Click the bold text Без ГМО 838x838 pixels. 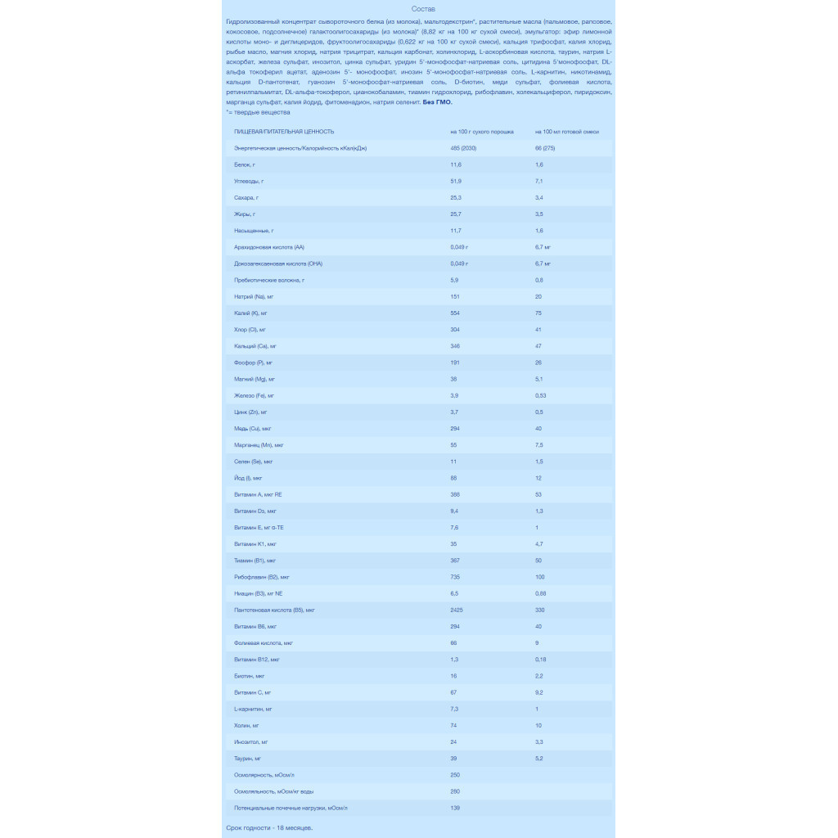pyautogui.click(x=437, y=102)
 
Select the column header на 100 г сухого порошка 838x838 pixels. pyautogui.click(x=481, y=132)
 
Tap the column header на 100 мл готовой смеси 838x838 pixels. pyautogui.click(x=567, y=132)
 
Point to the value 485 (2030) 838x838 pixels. pyautogui.click(x=463, y=148)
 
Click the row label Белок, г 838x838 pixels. pyautogui.click(x=245, y=164)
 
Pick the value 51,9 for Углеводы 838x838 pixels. pyautogui.click(x=456, y=181)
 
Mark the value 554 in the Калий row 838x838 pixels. pyautogui.click(x=455, y=313)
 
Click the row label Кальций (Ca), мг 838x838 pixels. pyautogui.click(x=255, y=346)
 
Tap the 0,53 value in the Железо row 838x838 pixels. pyautogui.click(x=540, y=395)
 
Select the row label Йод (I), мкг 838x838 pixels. pyautogui.click(x=248, y=478)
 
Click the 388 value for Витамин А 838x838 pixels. pyautogui.click(x=455, y=494)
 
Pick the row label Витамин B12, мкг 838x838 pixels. pyautogui.click(x=257, y=660)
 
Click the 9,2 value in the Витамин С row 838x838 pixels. pyautogui.click(x=539, y=692)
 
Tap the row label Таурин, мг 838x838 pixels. pyautogui.click(x=248, y=759)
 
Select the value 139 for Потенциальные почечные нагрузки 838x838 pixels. pyautogui.click(x=455, y=808)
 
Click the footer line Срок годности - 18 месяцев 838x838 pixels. pyautogui.click(x=269, y=827)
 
